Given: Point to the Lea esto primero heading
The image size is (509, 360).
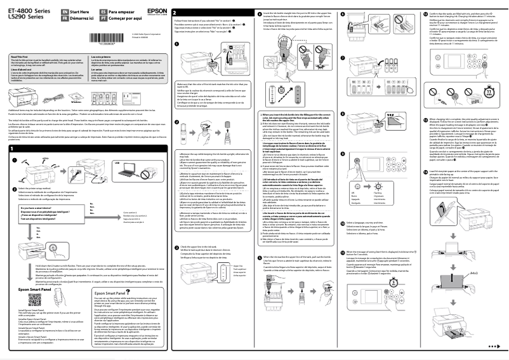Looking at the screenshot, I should (x=102, y=57).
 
